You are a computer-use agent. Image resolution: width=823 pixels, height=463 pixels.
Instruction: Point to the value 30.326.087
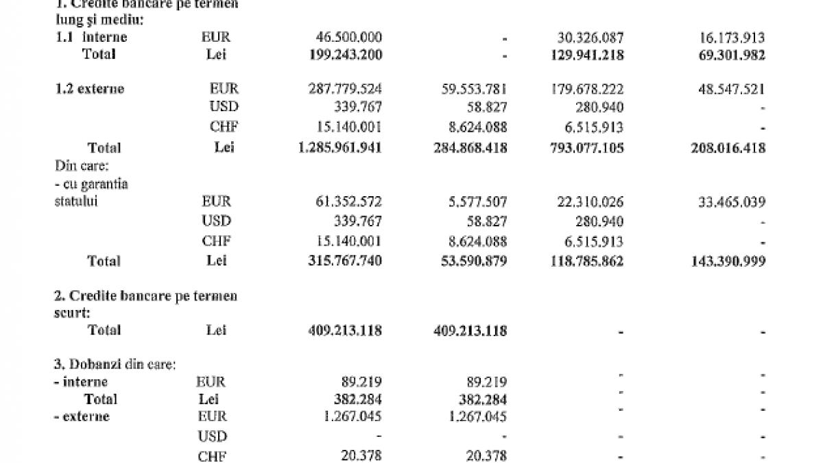[588, 37]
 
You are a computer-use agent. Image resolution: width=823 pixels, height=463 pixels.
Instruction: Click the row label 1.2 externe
[90, 89]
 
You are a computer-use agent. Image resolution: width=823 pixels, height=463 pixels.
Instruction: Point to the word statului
[77, 202]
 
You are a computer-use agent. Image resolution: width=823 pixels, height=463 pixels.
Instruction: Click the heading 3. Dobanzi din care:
[115, 365]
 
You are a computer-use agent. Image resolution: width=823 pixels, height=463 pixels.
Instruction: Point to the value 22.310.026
[588, 202]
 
